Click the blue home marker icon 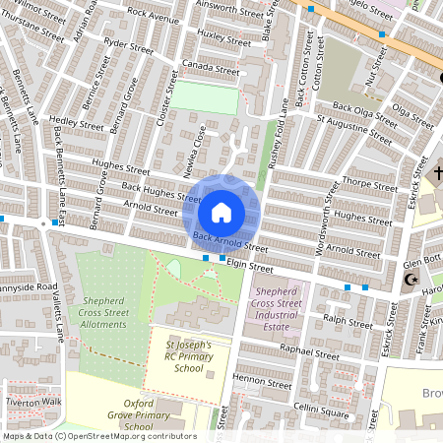click(221, 212)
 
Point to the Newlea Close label click(194, 149)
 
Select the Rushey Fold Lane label click(278, 128)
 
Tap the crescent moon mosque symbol click(412, 280)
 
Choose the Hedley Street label click(76, 126)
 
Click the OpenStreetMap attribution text click(98, 435)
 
